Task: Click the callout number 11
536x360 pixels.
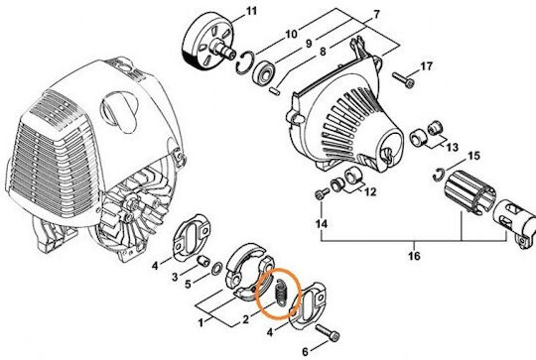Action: pos(251,11)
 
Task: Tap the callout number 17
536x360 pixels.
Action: pos(426,65)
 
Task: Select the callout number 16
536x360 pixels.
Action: pos(414,256)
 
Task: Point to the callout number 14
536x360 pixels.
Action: pos(322,224)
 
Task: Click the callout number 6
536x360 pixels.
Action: pos(306,351)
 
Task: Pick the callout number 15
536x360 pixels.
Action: pos(473,156)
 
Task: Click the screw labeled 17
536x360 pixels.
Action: pos(403,80)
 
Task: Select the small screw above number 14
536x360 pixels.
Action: pos(322,193)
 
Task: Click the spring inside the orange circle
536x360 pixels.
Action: pos(282,293)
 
